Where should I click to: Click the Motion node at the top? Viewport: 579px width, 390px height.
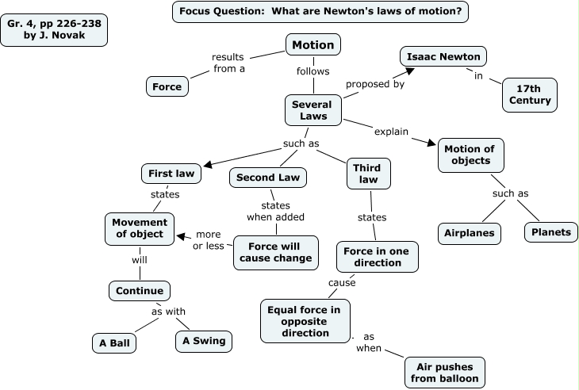pos(313,45)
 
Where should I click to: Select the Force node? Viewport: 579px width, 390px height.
pos(167,86)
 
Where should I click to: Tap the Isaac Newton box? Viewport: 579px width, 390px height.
pos(442,57)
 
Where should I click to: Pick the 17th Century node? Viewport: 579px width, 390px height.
pos(530,94)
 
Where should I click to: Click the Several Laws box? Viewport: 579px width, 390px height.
pos(312,111)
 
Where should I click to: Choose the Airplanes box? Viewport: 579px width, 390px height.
pos(469,233)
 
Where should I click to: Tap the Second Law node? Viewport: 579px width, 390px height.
pos(268,178)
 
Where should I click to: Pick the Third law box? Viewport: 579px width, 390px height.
pos(368,174)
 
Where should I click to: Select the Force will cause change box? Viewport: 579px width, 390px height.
pos(275,251)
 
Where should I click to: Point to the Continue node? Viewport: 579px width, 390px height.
pos(140,290)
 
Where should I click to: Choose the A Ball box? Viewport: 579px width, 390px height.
pos(114,343)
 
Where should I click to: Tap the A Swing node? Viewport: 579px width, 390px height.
pos(204,341)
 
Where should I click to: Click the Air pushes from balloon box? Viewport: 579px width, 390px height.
pos(443,372)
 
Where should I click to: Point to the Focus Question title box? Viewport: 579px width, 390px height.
pos(320,12)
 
